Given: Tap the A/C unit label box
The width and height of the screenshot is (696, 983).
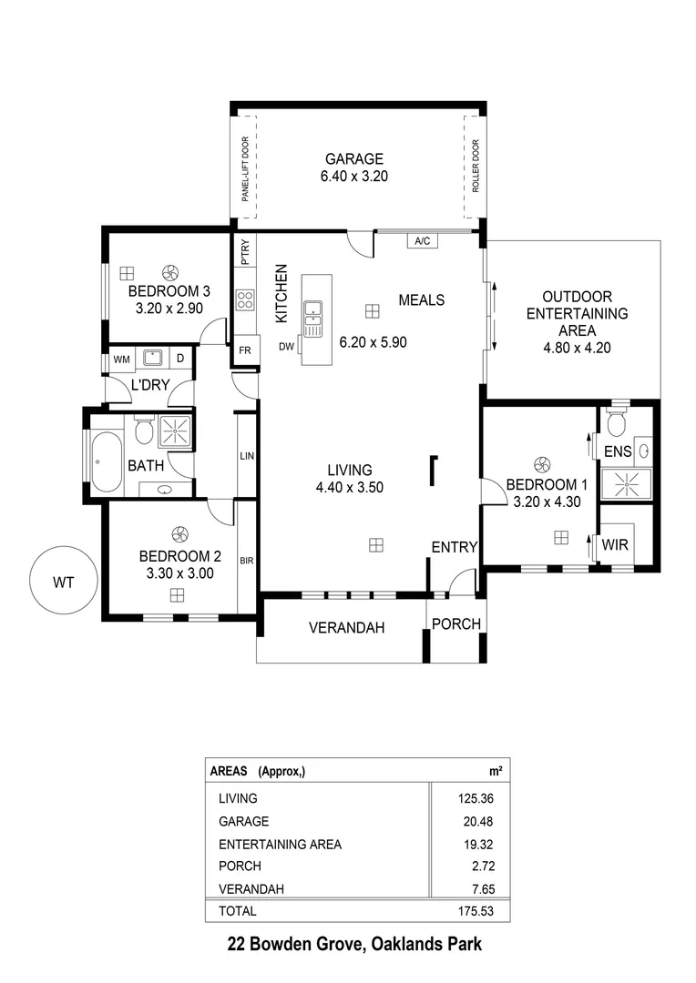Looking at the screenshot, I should pos(422,241).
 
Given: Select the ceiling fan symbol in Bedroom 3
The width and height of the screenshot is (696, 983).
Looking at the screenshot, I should pos(169,271).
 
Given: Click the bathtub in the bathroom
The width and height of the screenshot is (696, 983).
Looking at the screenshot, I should pos(106,461).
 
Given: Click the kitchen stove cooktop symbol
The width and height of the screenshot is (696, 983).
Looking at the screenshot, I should pos(245,299).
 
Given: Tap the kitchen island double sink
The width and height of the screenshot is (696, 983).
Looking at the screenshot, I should pos(312,313).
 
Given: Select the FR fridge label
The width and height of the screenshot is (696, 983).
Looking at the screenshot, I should pos(245,350).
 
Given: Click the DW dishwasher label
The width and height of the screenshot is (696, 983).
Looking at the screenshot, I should pos(286,346).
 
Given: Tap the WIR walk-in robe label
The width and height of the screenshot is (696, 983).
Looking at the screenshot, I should pos(615,546).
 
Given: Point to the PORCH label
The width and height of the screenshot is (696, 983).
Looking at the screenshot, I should pos(455,624).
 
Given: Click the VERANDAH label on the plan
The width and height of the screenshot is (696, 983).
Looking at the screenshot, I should pos(346,627).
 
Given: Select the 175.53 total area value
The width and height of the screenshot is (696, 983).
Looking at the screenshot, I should pos(479,910).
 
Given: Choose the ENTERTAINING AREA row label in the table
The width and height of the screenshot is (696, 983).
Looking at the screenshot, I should pos(280,844).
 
